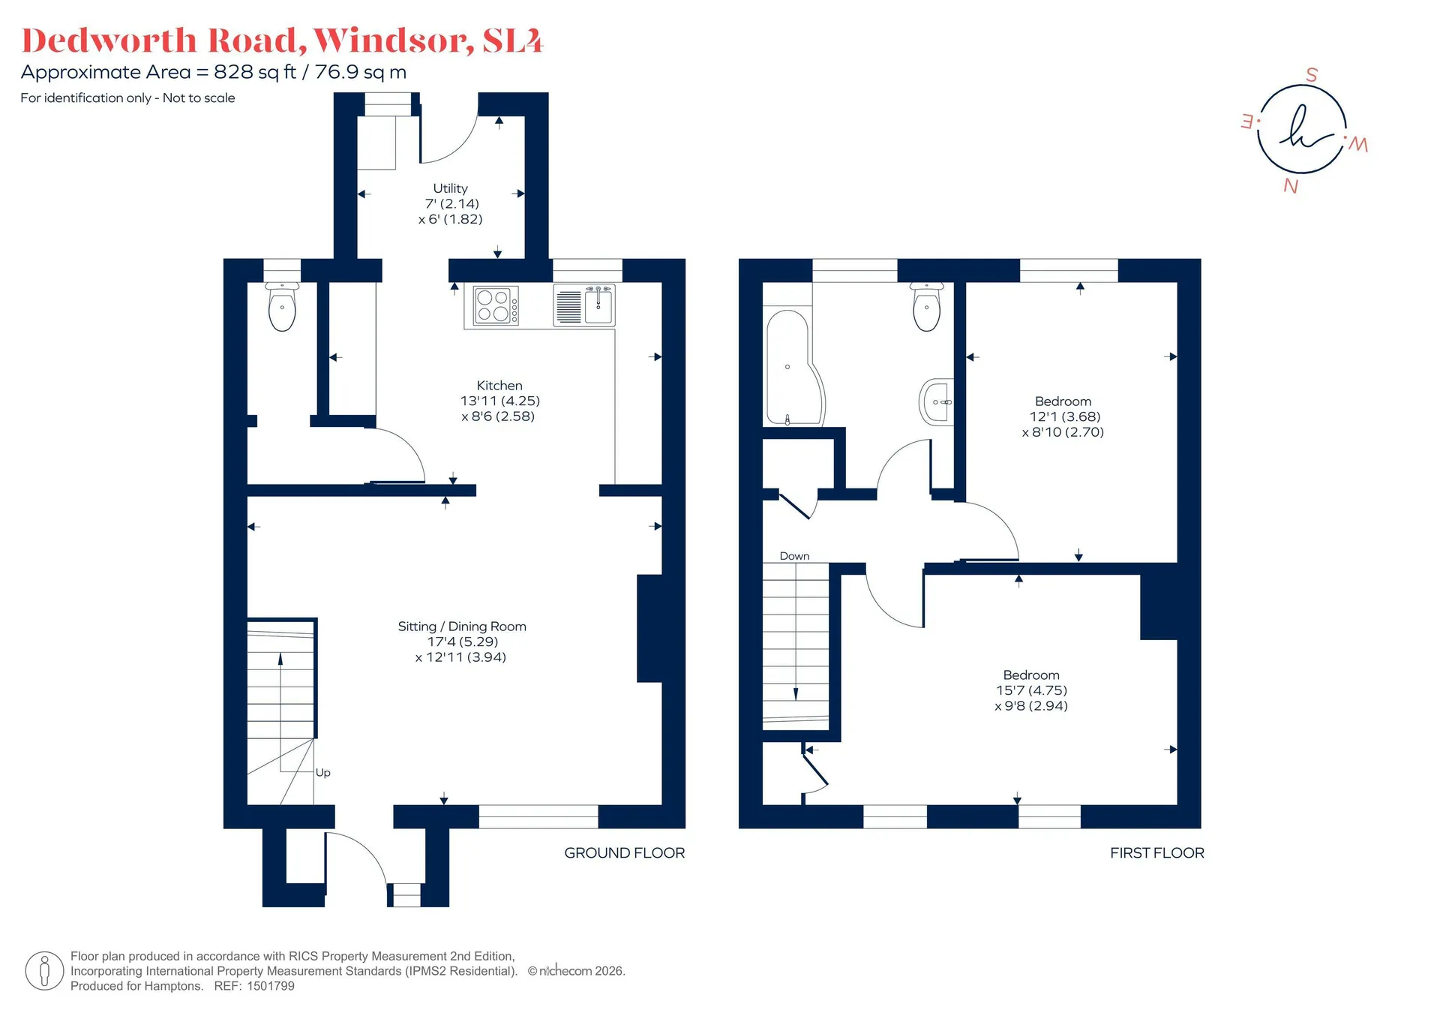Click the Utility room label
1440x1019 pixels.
point(450,188)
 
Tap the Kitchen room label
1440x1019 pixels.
point(499,385)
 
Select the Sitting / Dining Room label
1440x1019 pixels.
point(462,626)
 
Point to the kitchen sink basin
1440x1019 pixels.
point(598,306)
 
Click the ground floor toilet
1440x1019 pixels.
point(282,307)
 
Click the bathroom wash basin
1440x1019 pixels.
point(936,402)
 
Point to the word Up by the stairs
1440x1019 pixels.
point(323,772)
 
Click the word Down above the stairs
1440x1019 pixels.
point(794,556)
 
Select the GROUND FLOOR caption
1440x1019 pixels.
point(625,852)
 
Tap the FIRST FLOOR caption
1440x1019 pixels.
point(1157,852)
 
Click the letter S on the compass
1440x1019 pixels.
point(1312,75)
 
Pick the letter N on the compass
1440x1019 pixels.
point(1291,185)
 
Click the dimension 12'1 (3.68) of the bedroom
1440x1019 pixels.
point(1065,416)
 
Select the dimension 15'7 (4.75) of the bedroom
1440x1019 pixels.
point(1031,690)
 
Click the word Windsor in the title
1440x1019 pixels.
point(393,41)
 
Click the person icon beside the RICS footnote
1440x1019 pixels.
point(44,970)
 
